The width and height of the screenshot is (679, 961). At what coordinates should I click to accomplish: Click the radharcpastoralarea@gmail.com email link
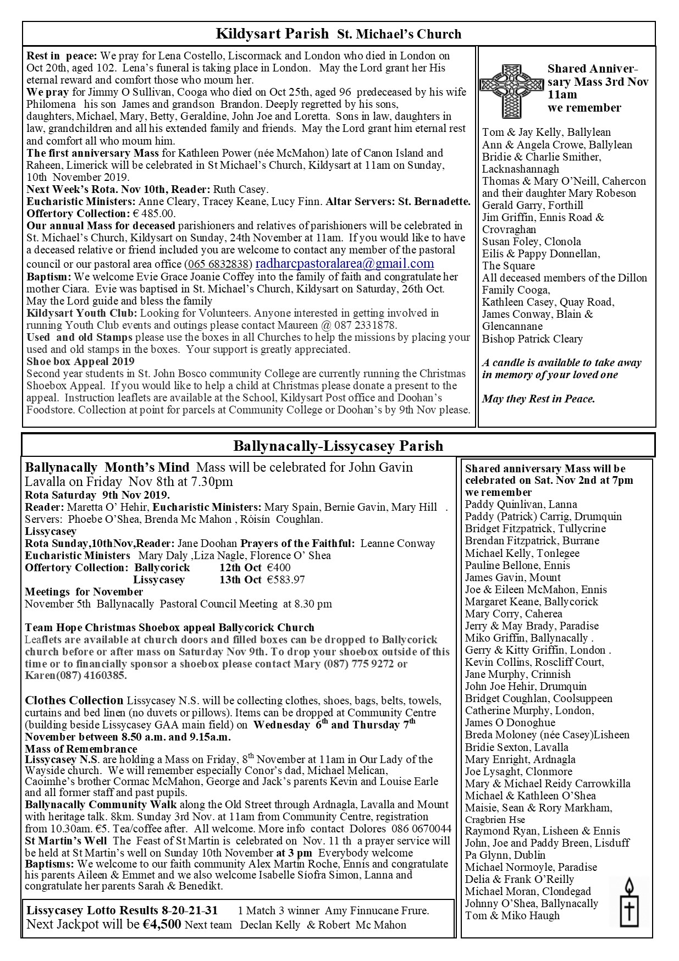[345, 264]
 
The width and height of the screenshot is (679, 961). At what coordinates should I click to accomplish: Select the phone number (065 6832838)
[218, 264]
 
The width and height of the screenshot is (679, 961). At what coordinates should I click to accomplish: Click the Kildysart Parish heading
[272, 34]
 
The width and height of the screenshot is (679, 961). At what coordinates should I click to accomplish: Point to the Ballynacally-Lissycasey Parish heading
[338, 445]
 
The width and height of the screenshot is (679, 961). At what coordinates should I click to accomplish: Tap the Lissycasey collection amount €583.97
[286, 579]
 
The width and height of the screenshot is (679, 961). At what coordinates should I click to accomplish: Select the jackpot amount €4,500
[161, 924]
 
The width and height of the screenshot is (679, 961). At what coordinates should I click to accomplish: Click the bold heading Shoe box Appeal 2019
[80, 361]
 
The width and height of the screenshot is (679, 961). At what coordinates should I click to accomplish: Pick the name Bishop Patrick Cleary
[532, 339]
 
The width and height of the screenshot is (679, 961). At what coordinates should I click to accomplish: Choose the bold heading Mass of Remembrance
[81, 749]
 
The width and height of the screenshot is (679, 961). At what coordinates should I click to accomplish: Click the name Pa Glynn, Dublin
[505, 855]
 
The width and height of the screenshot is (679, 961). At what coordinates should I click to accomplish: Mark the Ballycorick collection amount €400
[279, 567]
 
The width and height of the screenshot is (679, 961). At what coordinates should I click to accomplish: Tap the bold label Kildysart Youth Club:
[82, 313]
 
